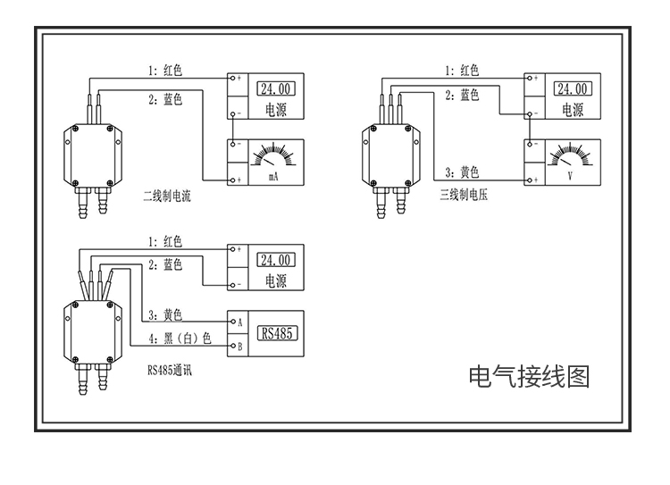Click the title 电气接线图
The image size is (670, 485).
[529, 376]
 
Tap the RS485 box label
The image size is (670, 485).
[278, 334]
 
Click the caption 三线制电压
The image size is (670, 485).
[465, 194]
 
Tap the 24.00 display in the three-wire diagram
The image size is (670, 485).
[572, 89]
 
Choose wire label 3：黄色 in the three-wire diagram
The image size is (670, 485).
[462, 172]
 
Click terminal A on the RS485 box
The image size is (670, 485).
[238, 322]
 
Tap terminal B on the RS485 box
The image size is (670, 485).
[238, 345]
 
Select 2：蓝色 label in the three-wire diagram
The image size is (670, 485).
[462, 95]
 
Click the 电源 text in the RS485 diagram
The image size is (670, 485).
[276, 281]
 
